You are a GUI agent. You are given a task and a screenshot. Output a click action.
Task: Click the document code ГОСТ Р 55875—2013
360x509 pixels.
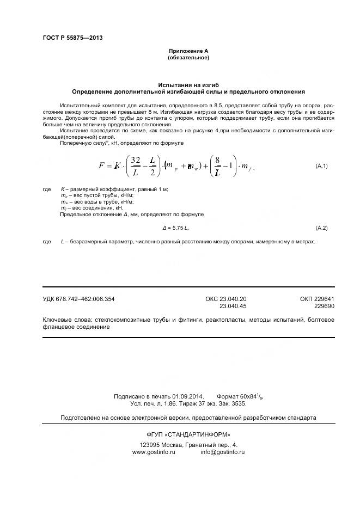[x=72, y=38]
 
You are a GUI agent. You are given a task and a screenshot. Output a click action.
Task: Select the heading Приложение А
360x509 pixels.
[x=188, y=51]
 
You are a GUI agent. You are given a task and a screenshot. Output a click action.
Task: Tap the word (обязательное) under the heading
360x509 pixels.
[x=188, y=57]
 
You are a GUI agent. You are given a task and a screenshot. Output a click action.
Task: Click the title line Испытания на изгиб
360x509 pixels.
[x=188, y=85]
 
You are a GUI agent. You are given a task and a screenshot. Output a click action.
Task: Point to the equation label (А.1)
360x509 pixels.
[x=321, y=165]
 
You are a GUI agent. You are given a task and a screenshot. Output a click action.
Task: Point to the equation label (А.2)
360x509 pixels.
[x=321, y=227]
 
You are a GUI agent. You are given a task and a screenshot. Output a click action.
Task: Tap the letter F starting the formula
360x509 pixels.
[x=102, y=165]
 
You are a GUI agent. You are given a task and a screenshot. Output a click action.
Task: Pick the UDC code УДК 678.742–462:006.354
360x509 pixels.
[x=78, y=299]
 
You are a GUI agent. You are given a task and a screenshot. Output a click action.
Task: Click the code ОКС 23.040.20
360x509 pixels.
[x=226, y=299]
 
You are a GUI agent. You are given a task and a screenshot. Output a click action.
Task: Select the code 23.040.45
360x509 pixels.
[x=233, y=306]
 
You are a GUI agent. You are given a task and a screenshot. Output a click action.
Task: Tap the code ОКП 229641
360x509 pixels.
[x=316, y=299]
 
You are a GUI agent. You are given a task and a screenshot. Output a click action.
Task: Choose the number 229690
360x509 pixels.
[x=324, y=306]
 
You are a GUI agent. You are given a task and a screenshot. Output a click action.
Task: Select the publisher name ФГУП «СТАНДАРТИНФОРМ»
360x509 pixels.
[x=188, y=434]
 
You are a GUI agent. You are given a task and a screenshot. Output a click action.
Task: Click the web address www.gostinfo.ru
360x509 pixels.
[x=154, y=452]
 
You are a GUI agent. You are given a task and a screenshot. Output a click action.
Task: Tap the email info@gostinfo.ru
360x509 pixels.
[x=222, y=452]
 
